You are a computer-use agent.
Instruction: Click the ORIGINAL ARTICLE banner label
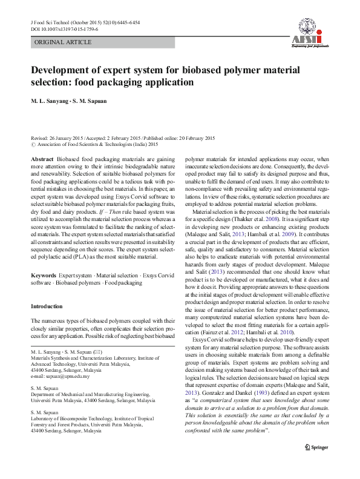pyautogui.click(x=63, y=42)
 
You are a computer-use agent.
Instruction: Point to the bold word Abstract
pyautogui.click(x=42, y=158)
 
